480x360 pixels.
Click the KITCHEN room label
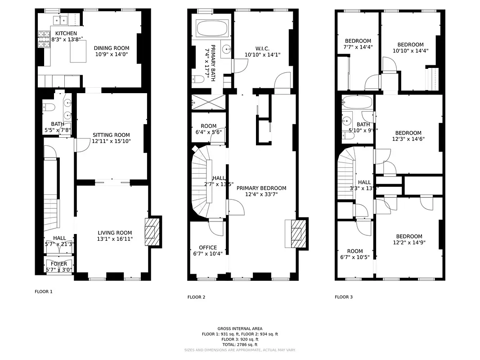66,33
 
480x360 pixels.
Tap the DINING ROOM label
111,48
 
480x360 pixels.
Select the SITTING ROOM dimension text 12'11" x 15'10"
111,141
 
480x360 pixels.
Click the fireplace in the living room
151,232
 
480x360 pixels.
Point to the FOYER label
59,264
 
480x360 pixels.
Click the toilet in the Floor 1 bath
49,107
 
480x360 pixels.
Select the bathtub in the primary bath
212,29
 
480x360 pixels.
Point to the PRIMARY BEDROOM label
261,188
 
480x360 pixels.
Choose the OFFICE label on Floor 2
208,247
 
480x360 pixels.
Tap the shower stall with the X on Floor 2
208,103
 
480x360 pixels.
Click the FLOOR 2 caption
196,297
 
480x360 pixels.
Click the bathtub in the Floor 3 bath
358,103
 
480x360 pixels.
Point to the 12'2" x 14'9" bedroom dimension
409,243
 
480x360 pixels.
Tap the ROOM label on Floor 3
354,252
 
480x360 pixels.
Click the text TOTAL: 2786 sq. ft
240,345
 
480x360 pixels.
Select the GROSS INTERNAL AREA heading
240,328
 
